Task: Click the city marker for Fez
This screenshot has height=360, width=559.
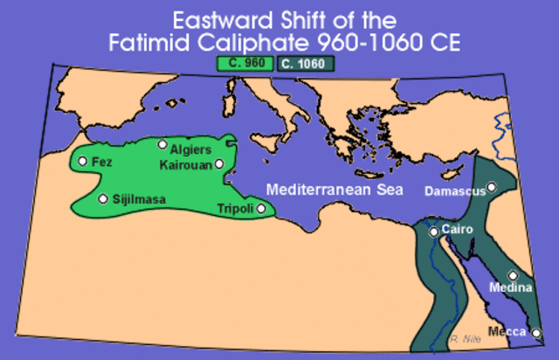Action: coord(82,161)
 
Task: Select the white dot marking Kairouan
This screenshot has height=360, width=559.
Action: coord(219,163)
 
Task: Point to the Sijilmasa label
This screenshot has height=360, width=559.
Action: coord(139,199)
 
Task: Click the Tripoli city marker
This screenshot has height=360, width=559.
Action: coord(260,208)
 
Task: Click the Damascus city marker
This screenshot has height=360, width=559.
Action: coord(492,186)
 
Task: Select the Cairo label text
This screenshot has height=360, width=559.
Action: coord(458,229)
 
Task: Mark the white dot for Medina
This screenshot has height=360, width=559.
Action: coord(514,275)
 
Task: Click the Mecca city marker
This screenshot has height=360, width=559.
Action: coord(537,331)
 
